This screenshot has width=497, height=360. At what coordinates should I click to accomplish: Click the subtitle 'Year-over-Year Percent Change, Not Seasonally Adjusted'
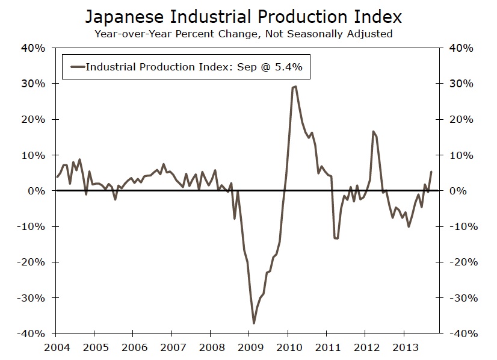tap(243, 34)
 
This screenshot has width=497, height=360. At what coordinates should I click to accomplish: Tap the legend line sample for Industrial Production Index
tap(77, 67)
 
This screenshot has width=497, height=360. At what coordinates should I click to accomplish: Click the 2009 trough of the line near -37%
tap(254, 323)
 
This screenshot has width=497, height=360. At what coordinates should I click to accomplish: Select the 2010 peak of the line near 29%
tap(295, 87)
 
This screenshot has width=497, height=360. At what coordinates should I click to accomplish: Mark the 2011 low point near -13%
tap(336, 238)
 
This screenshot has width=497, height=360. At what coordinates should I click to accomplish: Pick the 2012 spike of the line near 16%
tap(373, 131)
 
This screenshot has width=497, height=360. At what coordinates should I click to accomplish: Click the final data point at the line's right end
tap(431, 172)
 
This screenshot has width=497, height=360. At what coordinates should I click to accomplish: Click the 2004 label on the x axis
tap(57, 347)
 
